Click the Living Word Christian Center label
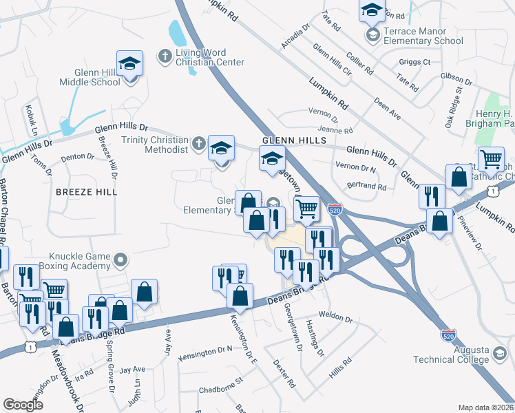point(209,57)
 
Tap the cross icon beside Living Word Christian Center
point(165,55)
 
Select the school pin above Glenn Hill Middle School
point(129,65)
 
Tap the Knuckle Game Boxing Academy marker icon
point(121,261)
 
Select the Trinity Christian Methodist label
point(154,145)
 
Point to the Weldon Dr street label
point(336,320)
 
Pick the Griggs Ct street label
point(414,62)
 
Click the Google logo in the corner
point(23,404)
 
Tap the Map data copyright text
point(485,407)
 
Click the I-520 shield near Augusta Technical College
point(448,335)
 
